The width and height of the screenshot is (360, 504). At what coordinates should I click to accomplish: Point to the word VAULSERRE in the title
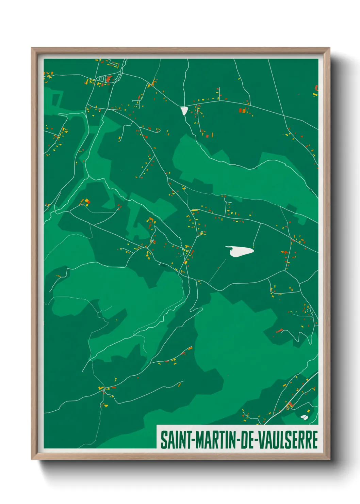pos(288,440)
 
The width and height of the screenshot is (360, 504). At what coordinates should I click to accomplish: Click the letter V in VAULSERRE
pos(262,440)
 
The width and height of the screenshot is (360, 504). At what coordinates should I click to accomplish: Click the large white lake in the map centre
pos(240,251)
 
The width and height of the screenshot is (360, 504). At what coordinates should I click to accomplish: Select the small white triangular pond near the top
pos(184,111)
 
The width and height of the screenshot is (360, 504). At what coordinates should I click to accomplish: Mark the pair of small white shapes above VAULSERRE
pos(304,416)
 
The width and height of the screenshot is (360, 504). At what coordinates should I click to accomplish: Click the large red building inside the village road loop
pos(109,79)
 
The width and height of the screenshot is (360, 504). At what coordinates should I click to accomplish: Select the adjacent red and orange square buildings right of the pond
pos(243,110)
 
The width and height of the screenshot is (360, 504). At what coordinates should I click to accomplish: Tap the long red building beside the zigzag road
pos(279,330)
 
